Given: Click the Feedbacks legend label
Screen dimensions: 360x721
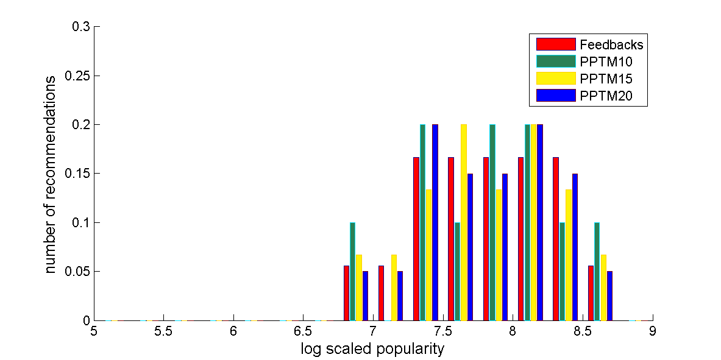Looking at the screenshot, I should tap(611, 44).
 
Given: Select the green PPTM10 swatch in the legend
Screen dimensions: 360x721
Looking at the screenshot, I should tap(555, 62).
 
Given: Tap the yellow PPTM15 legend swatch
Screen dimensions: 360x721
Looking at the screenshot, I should tap(555, 79).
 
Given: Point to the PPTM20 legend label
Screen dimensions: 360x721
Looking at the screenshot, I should tap(606, 96).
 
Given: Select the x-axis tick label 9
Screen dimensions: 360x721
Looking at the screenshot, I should tap(653, 331).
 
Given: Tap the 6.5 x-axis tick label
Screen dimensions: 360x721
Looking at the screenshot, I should tap(303, 331).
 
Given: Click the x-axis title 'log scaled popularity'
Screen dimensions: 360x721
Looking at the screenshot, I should tap(372, 349).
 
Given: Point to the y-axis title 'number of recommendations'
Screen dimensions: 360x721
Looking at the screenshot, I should tap(52, 174).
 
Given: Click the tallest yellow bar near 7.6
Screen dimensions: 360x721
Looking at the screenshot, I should tap(464, 222).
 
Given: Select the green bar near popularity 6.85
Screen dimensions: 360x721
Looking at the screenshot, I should tap(352, 271).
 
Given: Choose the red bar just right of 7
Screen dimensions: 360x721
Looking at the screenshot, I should tap(382, 293).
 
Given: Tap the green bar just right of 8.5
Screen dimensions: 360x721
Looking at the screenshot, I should tap(597, 271).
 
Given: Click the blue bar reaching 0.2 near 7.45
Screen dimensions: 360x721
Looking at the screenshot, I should tap(435, 222).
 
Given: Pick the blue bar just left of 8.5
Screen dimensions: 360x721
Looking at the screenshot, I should tap(575, 247).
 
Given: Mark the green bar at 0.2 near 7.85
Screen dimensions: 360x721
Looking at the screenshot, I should tap(492, 222).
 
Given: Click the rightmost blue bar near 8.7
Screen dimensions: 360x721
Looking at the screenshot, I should tap(609, 295).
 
